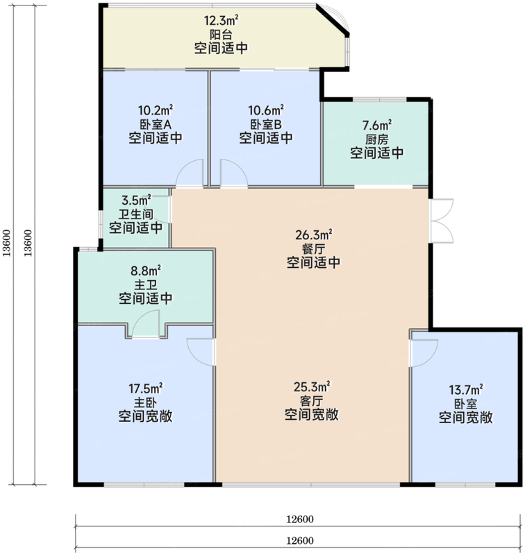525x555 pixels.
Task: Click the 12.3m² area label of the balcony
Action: (x=221, y=21)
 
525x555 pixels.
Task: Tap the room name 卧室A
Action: (x=156, y=124)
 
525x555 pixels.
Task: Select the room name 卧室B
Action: (x=266, y=124)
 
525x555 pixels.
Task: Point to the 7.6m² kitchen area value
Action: (x=377, y=126)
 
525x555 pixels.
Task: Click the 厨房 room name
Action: (x=377, y=139)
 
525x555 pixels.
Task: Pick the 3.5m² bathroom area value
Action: (x=136, y=200)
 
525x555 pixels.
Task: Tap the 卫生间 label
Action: (x=136, y=214)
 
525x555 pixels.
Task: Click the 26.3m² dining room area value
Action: (x=314, y=234)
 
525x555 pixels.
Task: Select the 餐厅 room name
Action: (x=313, y=249)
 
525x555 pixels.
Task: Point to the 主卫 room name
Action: (x=146, y=284)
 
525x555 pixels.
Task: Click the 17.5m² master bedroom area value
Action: (x=146, y=388)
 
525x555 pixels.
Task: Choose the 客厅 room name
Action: (x=312, y=401)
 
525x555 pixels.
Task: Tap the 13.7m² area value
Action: (x=466, y=390)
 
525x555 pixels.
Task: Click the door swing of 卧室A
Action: (x=190, y=172)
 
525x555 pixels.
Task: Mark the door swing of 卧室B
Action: (x=234, y=172)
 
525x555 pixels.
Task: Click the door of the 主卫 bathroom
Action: (x=146, y=323)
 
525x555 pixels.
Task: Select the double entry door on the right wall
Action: (x=442, y=221)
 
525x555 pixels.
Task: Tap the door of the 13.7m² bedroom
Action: (x=424, y=353)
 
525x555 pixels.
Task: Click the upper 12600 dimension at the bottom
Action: (x=300, y=519)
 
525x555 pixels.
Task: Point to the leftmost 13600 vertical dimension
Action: (x=8, y=243)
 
